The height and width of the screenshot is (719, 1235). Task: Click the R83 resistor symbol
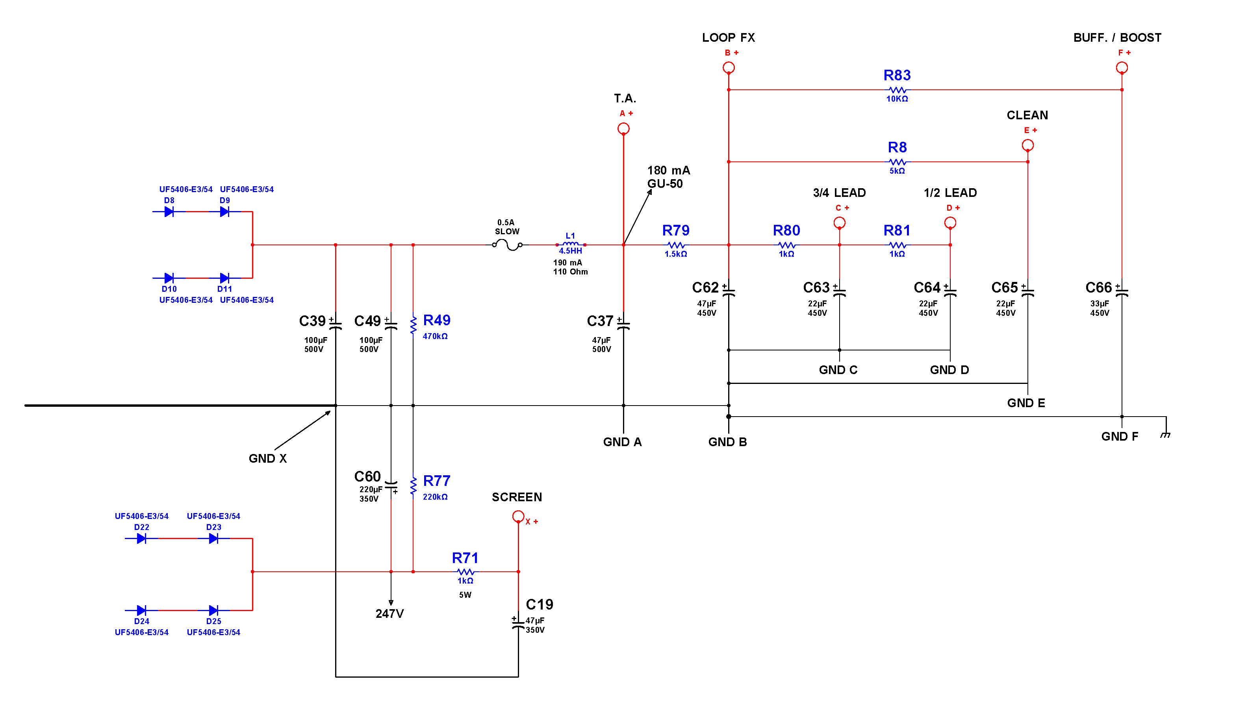[x=898, y=90]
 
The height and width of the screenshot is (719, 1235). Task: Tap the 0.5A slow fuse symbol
[x=507, y=245]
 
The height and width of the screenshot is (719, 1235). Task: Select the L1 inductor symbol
[x=571, y=244]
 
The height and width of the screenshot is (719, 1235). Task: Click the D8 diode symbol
[x=169, y=212]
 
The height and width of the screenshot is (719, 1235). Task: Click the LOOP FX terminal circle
[x=729, y=68]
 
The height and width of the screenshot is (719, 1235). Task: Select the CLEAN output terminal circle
[x=1028, y=145]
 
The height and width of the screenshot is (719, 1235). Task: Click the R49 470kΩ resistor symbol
[x=413, y=324]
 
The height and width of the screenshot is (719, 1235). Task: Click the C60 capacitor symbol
[x=391, y=485]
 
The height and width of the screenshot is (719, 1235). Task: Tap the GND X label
[x=267, y=459]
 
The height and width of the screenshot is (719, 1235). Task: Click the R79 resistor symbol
[x=676, y=245]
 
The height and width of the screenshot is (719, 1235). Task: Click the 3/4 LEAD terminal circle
[x=840, y=223]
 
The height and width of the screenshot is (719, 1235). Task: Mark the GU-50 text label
[x=665, y=184]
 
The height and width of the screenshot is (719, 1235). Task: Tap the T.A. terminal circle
[x=623, y=128]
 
